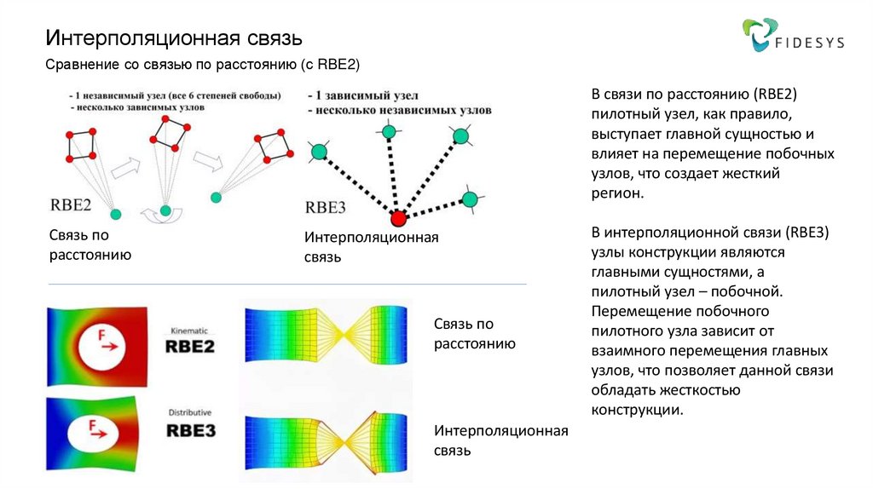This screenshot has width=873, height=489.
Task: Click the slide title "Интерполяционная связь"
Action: coord(174,38)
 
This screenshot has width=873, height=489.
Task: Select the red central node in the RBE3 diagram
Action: coord(398,219)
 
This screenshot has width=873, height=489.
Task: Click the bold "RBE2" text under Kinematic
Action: coord(189,347)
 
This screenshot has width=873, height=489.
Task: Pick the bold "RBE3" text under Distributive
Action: coord(189,430)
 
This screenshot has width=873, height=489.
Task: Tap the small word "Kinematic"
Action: coord(189,330)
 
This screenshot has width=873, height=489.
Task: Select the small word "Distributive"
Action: coord(189,412)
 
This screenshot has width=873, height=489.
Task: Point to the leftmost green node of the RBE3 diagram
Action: coord(319,152)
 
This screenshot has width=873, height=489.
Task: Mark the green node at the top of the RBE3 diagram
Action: coord(388,131)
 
